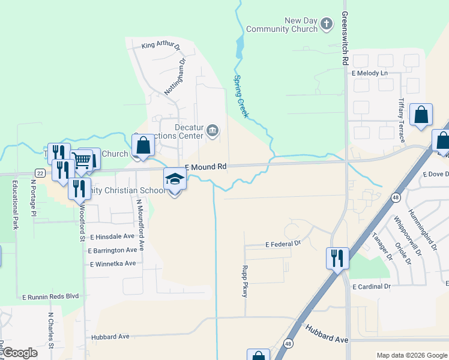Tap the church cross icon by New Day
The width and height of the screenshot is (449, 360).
click(326, 24)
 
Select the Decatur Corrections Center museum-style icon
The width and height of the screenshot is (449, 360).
click(212, 131)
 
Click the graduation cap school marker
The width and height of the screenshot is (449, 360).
click(175, 179)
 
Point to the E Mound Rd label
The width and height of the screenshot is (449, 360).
click(205, 167)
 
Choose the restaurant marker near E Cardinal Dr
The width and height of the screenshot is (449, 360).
click(337, 259)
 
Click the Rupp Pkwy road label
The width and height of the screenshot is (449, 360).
click(244, 283)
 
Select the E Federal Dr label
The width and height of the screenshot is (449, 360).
click(283, 244)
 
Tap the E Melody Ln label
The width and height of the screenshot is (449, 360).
click(370, 73)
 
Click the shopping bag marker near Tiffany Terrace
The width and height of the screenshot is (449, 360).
click(421, 115)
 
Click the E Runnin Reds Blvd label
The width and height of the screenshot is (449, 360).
click(50, 296)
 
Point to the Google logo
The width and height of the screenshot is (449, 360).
click(20, 353)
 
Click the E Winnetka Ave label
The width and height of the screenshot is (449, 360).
click(113, 264)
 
